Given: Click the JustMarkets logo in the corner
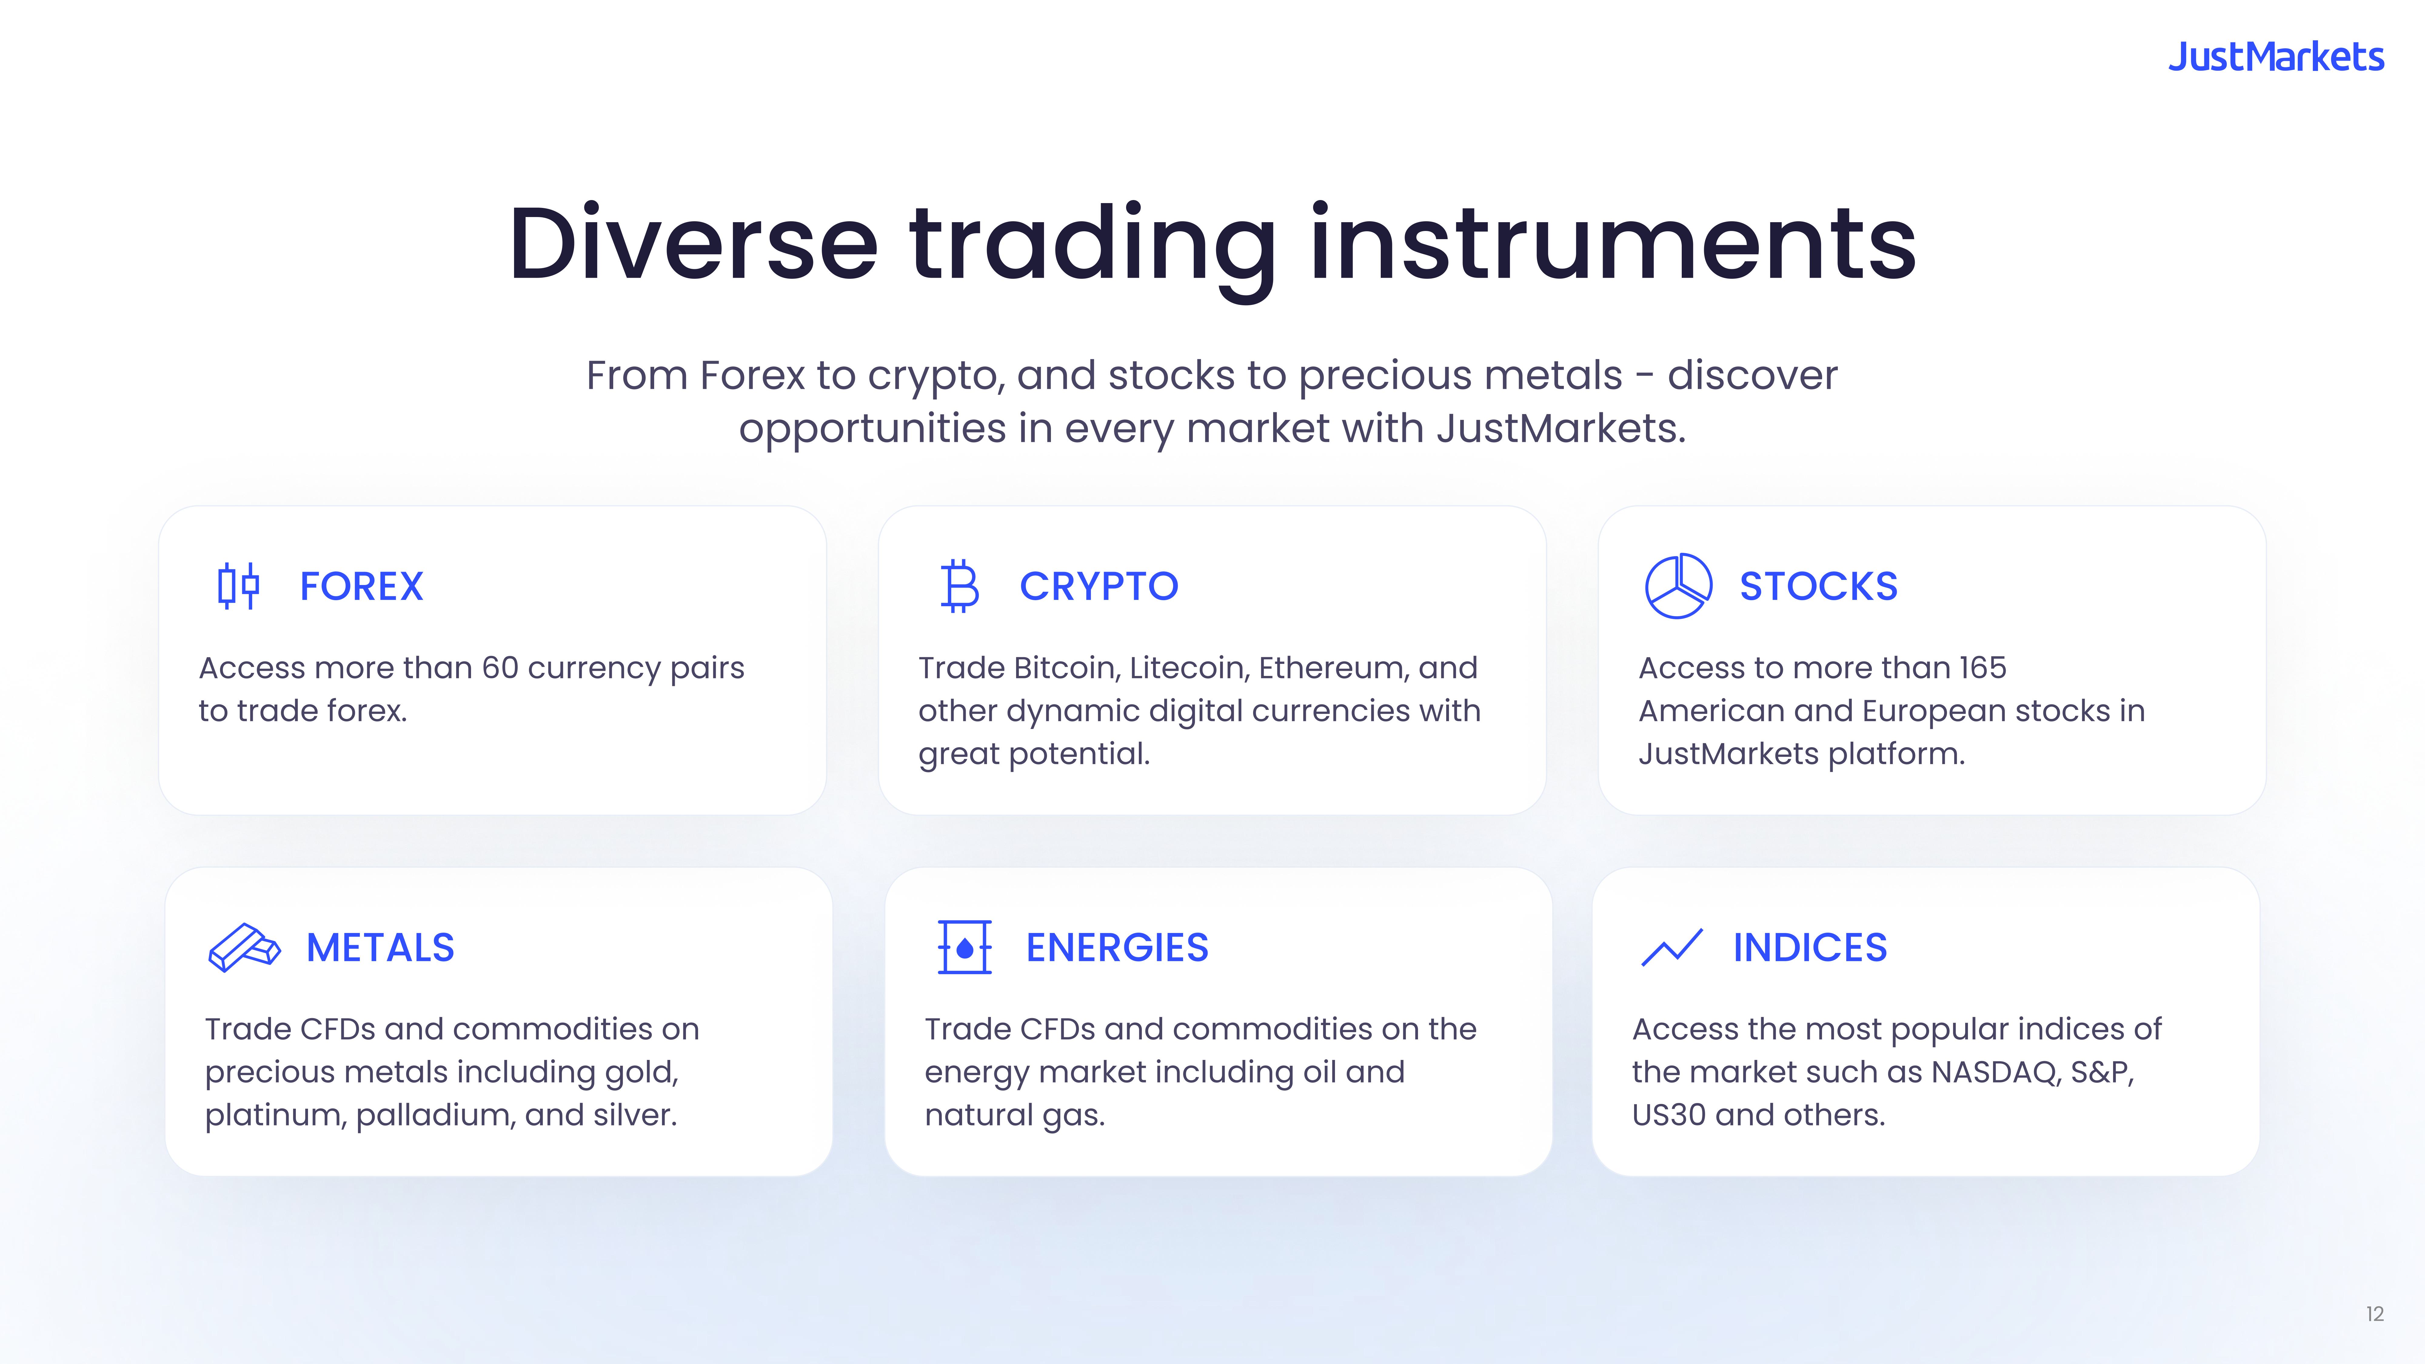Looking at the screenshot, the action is click(x=2276, y=57).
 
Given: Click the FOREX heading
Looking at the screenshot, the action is click(x=362, y=587).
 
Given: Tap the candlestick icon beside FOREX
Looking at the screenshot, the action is click(x=238, y=586).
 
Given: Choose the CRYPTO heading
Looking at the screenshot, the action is click(x=1099, y=587).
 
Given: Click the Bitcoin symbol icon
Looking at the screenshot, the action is click(x=959, y=586).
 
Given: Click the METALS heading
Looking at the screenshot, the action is click(x=380, y=948).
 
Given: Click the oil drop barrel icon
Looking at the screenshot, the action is click(x=965, y=947).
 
